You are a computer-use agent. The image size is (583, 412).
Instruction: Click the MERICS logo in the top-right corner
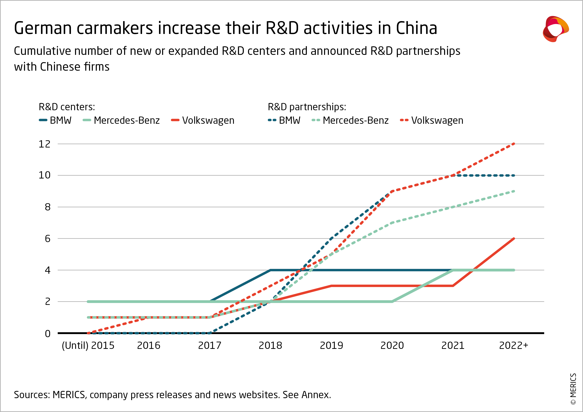click(x=555, y=29)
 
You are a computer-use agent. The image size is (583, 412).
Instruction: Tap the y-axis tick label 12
click(x=44, y=144)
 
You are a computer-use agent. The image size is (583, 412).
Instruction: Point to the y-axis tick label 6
click(x=47, y=239)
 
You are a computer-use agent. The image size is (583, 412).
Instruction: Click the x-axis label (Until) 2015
click(x=88, y=345)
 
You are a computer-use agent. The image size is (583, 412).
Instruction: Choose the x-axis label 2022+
click(x=513, y=345)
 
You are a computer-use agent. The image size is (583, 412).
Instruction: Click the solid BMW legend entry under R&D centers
click(x=55, y=120)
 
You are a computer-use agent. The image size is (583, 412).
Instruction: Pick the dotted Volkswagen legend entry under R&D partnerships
click(x=432, y=120)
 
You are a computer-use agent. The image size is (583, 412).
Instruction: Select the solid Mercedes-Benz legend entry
click(x=121, y=120)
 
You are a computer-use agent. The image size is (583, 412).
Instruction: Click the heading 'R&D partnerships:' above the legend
click(x=307, y=107)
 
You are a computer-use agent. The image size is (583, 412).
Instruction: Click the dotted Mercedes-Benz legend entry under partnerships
click(x=350, y=120)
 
